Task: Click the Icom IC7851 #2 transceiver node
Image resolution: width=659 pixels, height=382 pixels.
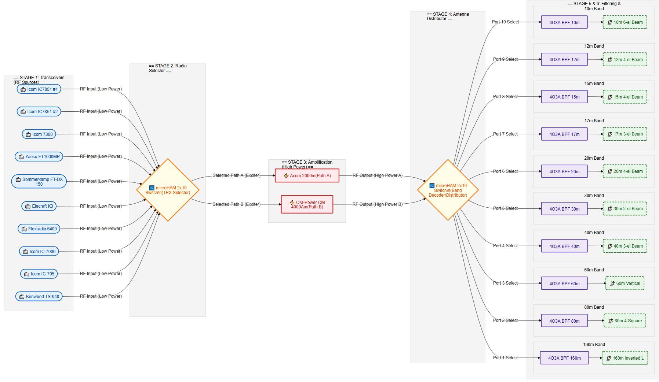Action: click(x=39, y=112)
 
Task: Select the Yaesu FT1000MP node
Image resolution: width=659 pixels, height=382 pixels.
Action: click(x=39, y=157)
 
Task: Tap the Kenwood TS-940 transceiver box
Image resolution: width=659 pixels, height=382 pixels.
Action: click(x=39, y=297)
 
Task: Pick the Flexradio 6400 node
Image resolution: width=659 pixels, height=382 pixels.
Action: click(x=39, y=229)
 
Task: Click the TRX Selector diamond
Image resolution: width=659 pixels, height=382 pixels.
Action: click(x=168, y=190)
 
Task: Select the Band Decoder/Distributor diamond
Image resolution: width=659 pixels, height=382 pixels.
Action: click(x=448, y=190)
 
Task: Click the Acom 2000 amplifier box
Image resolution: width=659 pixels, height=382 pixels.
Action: click(x=307, y=176)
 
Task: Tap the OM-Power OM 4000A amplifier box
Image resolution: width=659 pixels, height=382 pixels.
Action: click(x=307, y=204)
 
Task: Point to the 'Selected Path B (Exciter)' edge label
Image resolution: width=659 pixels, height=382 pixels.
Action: click(x=237, y=204)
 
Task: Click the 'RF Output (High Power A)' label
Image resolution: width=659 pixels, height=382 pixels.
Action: click(x=378, y=175)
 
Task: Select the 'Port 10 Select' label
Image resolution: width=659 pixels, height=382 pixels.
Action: click(x=505, y=22)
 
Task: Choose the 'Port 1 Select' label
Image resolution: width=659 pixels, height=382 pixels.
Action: click(x=505, y=358)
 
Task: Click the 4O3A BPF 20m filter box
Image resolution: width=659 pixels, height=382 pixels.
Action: click(x=564, y=171)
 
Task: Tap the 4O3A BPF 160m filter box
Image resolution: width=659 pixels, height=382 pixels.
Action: click(x=564, y=358)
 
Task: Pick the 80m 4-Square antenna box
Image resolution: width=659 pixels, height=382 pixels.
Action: click(x=625, y=321)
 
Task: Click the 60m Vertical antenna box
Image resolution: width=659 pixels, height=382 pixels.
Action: click(x=625, y=283)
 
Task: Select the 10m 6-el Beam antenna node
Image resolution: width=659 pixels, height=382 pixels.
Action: click(x=625, y=22)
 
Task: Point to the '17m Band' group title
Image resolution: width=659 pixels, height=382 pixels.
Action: click(x=594, y=121)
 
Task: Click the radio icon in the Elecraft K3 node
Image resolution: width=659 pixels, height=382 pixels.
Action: click(x=28, y=207)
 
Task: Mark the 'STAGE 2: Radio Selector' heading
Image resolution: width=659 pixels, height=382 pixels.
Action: click(x=168, y=68)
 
